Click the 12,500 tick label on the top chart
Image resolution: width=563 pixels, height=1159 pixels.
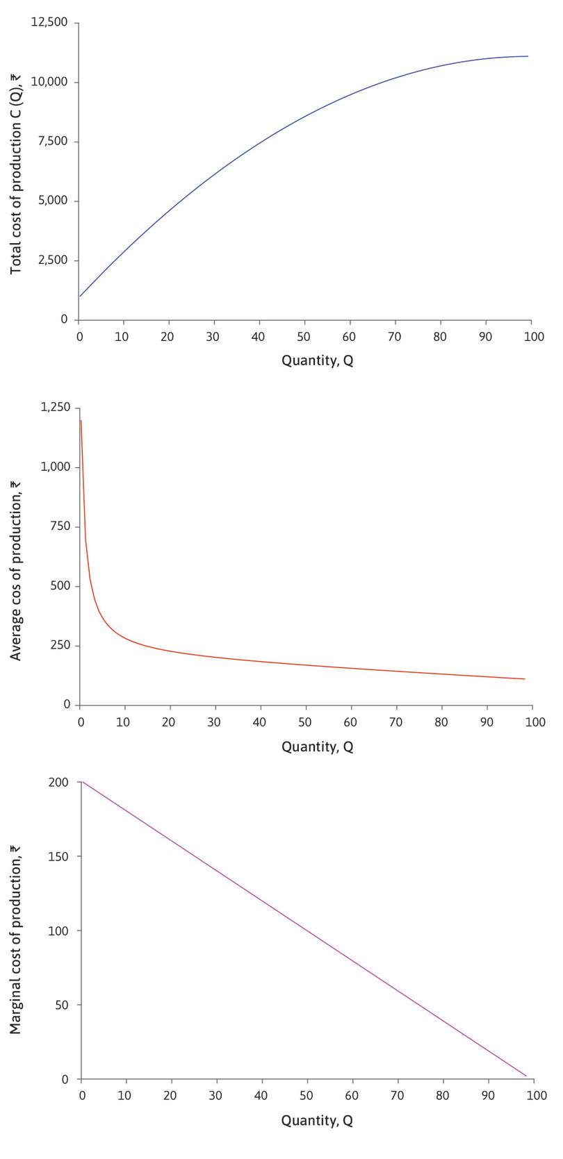click(x=49, y=23)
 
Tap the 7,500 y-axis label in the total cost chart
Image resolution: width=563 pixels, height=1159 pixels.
click(x=53, y=142)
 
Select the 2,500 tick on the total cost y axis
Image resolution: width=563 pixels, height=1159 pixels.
click(x=53, y=260)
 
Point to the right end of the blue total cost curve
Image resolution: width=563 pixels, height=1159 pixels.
click(x=528, y=56)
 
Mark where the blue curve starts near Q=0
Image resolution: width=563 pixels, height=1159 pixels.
click(x=81, y=297)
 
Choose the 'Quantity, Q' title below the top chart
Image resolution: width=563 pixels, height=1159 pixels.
click(x=317, y=361)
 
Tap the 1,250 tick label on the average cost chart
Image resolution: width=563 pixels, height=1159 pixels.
click(x=55, y=408)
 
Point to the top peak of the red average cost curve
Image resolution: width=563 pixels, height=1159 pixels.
click(x=81, y=421)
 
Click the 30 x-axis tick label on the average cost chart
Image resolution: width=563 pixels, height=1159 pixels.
click(x=214, y=722)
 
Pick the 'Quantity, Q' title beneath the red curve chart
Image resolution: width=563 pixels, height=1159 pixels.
click(x=317, y=747)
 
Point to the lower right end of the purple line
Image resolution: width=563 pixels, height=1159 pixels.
click(x=526, y=1076)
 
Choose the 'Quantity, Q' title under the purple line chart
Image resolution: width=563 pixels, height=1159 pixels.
click(x=317, y=1121)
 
